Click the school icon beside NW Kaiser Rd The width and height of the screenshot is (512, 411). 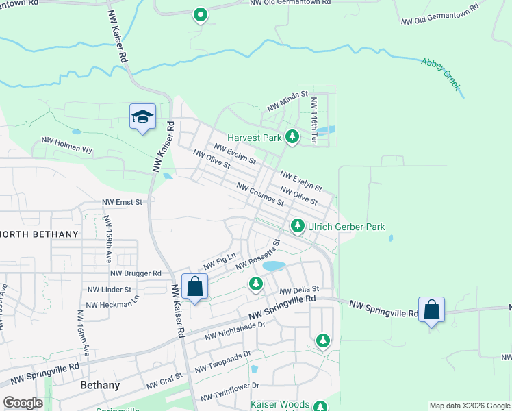coord(142,117)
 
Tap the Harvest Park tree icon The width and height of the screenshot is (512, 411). coord(292,137)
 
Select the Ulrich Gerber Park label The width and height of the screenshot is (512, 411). coord(346,227)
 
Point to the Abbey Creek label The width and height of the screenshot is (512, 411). coord(441,73)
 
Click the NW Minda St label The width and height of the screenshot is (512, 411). coord(288,102)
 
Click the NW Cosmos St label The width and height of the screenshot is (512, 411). coord(260,195)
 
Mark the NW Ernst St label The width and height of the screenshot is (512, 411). coord(122,202)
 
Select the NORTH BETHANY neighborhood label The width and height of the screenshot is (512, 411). coord(39,234)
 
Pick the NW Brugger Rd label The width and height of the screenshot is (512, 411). coord(136,273)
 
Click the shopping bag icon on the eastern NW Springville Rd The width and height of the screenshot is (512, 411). coord(431,310)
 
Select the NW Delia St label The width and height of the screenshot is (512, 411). coord(298,290)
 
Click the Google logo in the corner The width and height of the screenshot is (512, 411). coord(23,403)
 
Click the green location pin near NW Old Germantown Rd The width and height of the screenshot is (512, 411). coord(200,14)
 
